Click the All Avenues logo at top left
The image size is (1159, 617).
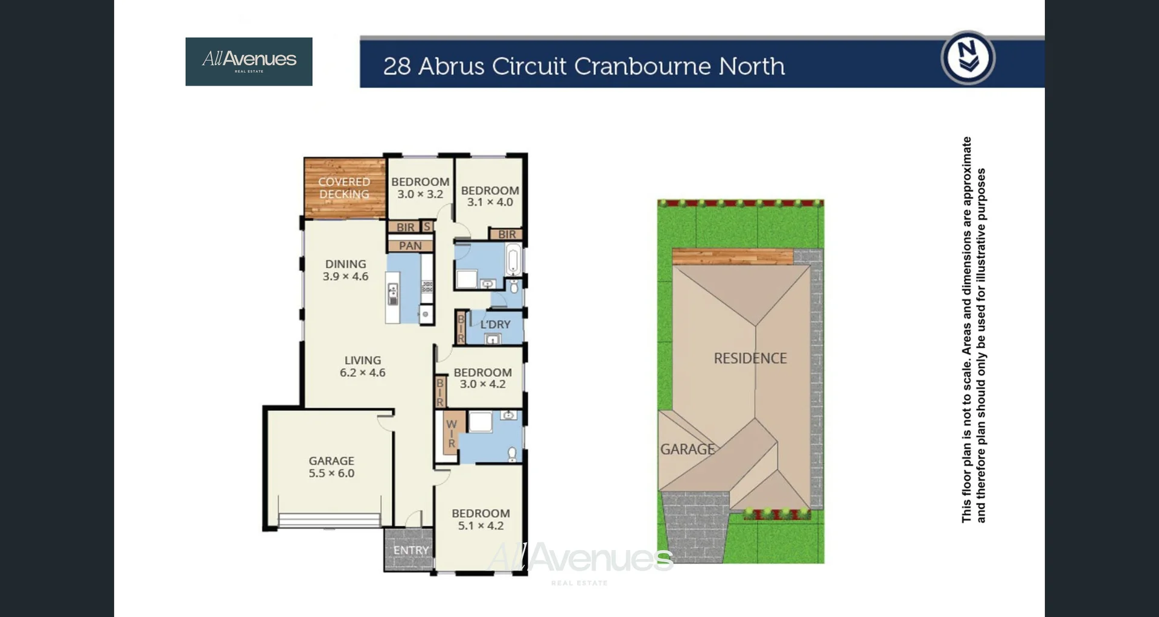(x=249, y=61)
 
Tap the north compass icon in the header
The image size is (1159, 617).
(x=968, y=58)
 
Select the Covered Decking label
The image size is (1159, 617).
(x=344, y=188)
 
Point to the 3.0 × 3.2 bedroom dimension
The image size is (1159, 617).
(x=420, y=194)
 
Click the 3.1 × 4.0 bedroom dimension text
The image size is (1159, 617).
(x=490, y=202)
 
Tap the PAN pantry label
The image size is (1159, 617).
(x=410, y=245)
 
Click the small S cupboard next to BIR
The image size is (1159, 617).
(x=427, y=227)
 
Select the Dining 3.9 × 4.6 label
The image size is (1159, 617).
(x=345, y=270)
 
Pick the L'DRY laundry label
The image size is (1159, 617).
(x=495, y=324)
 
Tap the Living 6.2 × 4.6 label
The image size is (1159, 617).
(x=362, y=366)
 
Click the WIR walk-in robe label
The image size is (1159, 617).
(x=451, y=434)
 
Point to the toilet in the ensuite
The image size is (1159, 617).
(x=512, y=453)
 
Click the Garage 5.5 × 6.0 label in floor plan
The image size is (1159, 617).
(x=331, y=467)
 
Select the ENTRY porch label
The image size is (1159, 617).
(x=410, y=550)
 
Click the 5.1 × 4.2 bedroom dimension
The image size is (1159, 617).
(x=481, y=526)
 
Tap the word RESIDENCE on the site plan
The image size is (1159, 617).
(x=750, y=358)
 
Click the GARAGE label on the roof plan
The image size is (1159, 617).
(x=687, y=449)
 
